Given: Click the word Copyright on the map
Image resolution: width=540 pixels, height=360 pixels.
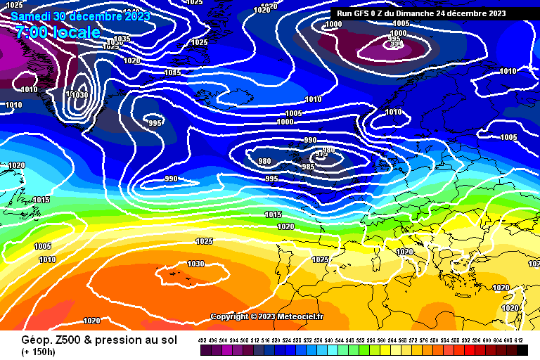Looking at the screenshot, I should [x=229, y=317].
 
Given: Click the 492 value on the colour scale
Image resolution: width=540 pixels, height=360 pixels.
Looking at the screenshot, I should [x=202, y=340].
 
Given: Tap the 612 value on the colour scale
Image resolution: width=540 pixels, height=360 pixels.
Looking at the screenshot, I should [x=519, y=340].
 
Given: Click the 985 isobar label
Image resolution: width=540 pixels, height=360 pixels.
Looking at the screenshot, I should [x=308, y=167].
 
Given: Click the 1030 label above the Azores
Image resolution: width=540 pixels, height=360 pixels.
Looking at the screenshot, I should [x=195, y=264].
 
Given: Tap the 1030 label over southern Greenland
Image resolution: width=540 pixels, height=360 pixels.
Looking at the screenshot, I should [x=79, y=95].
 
